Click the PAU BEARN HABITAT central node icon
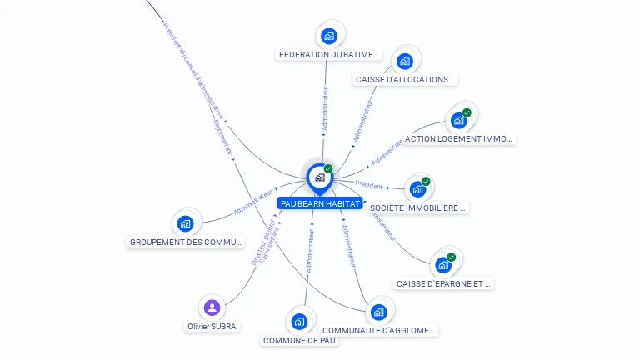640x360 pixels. (x=319, y=177)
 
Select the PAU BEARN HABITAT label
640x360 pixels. (x=321, y=203)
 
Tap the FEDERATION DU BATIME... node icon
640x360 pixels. (x=329, y=36)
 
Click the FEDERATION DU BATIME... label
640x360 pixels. (x=329, y=55)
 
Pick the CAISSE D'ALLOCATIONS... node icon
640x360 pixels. (x=405, y=61)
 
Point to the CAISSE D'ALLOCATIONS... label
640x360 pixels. (x=405, y=80)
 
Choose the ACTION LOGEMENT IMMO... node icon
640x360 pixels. (x=458, y=120)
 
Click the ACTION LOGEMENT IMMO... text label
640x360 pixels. (x=458, y=139)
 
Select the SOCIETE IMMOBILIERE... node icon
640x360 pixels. (x=417, y=188)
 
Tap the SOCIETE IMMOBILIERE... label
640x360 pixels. (x=418, y=207)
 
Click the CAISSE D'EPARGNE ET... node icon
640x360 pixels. (x=443, y=264)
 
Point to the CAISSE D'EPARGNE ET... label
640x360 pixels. (x=444, y=283)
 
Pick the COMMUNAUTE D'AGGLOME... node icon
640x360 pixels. (x=379, y=312)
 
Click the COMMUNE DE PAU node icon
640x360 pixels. (x=300, y=322)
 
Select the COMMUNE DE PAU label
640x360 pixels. (x=300, y=340)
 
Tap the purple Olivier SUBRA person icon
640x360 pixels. (x=212, y=307)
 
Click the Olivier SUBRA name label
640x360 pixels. (x=212, y=326)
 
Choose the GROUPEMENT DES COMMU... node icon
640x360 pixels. (x=186, y=223)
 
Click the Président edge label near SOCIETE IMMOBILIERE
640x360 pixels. (x=369, y=185)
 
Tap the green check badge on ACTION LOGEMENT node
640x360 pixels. (x=467, y=112)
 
